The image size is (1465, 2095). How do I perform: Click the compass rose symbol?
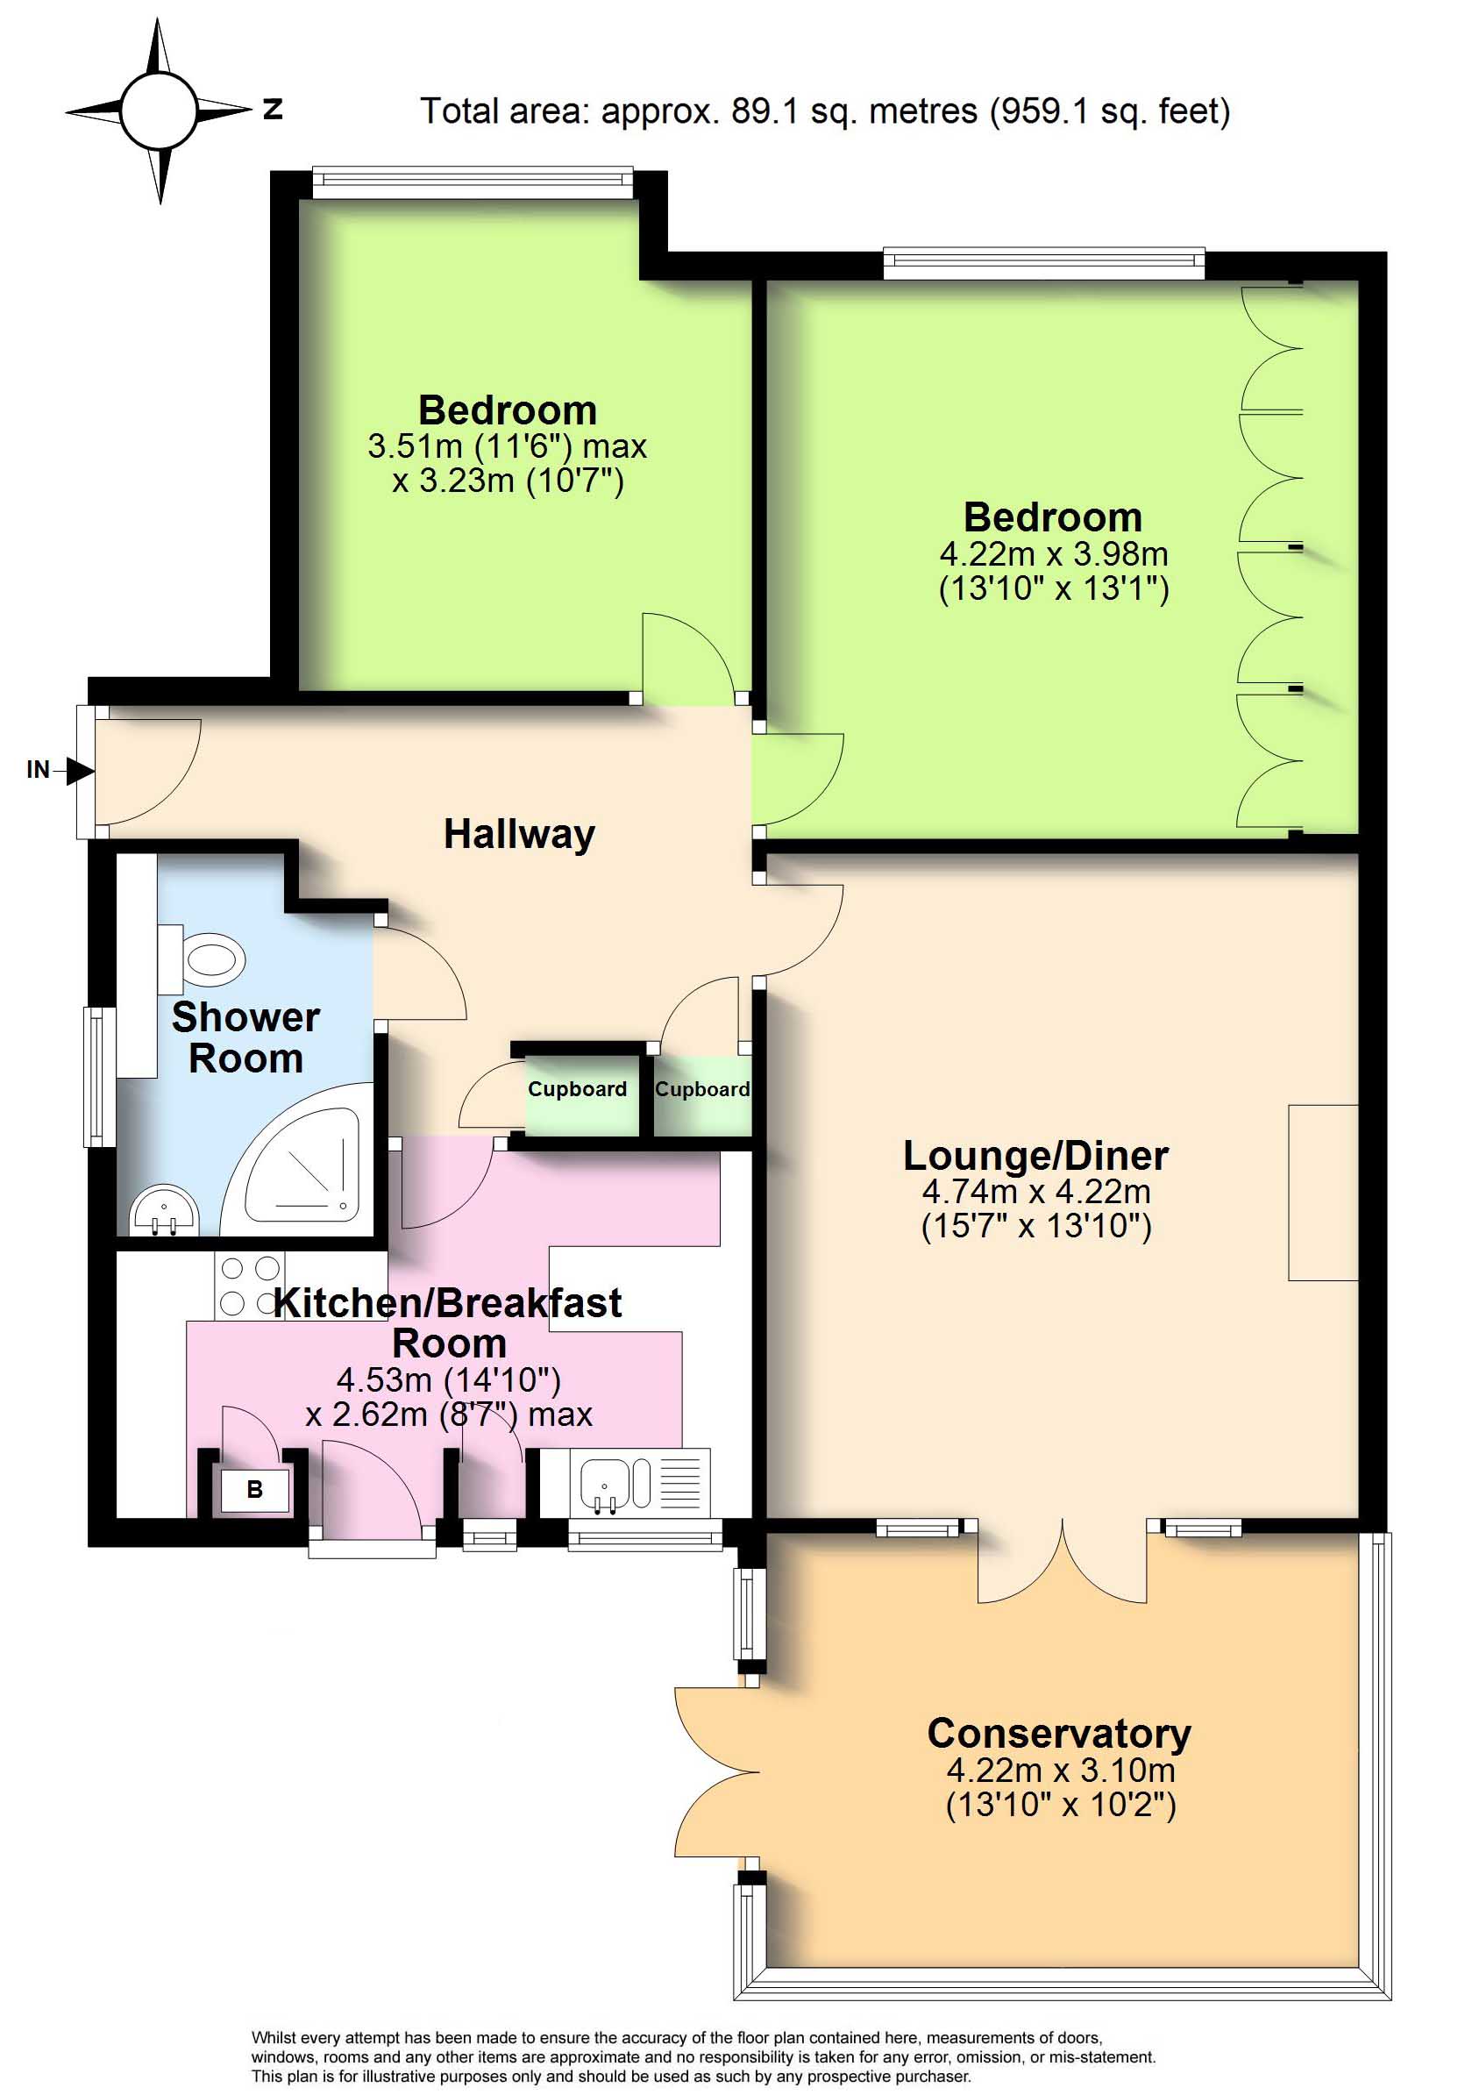(159, 110)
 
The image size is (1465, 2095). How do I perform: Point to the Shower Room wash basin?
(164, 1210)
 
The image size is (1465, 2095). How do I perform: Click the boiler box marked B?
(254, 1490)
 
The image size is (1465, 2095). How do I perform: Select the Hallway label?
(519, 834)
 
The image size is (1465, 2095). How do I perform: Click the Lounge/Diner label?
(1035, 1156)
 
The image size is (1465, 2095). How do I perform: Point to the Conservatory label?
(1059, 1734)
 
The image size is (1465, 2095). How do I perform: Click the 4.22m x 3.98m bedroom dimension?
(1054, 554)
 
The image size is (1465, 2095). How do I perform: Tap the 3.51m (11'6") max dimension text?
(508, 446)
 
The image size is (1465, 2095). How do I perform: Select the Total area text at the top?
(825, 111)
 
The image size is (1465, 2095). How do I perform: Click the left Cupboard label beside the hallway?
(578, 1089)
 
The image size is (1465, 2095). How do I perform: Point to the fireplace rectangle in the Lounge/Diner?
(1323, 1193)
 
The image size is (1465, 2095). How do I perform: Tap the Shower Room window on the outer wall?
(99, 1076)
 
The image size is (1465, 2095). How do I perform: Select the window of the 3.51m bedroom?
(473, 182)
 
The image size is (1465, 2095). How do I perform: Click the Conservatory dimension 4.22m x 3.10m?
(1061, 1771)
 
